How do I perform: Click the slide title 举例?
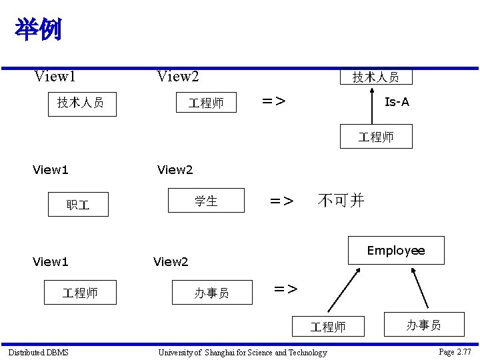38,29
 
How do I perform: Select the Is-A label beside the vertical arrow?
397,102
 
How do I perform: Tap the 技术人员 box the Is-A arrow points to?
375,77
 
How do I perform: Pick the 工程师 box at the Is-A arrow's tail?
376,137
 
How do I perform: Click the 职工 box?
78,205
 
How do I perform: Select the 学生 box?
206,200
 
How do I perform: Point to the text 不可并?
341,200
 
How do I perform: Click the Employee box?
396,251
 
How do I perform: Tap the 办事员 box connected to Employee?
423,325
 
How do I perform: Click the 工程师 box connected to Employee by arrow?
329,327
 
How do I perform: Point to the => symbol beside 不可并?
281,201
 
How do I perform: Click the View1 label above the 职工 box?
51,170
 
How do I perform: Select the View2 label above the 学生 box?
175,170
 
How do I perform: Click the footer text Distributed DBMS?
38,352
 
